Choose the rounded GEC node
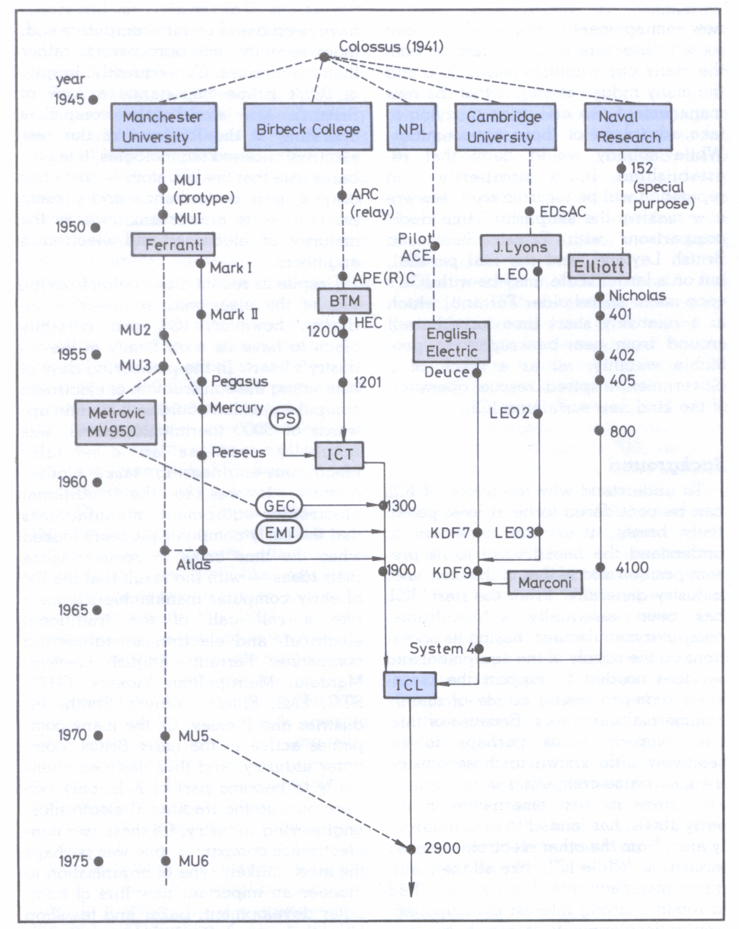[x=285, y=505]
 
